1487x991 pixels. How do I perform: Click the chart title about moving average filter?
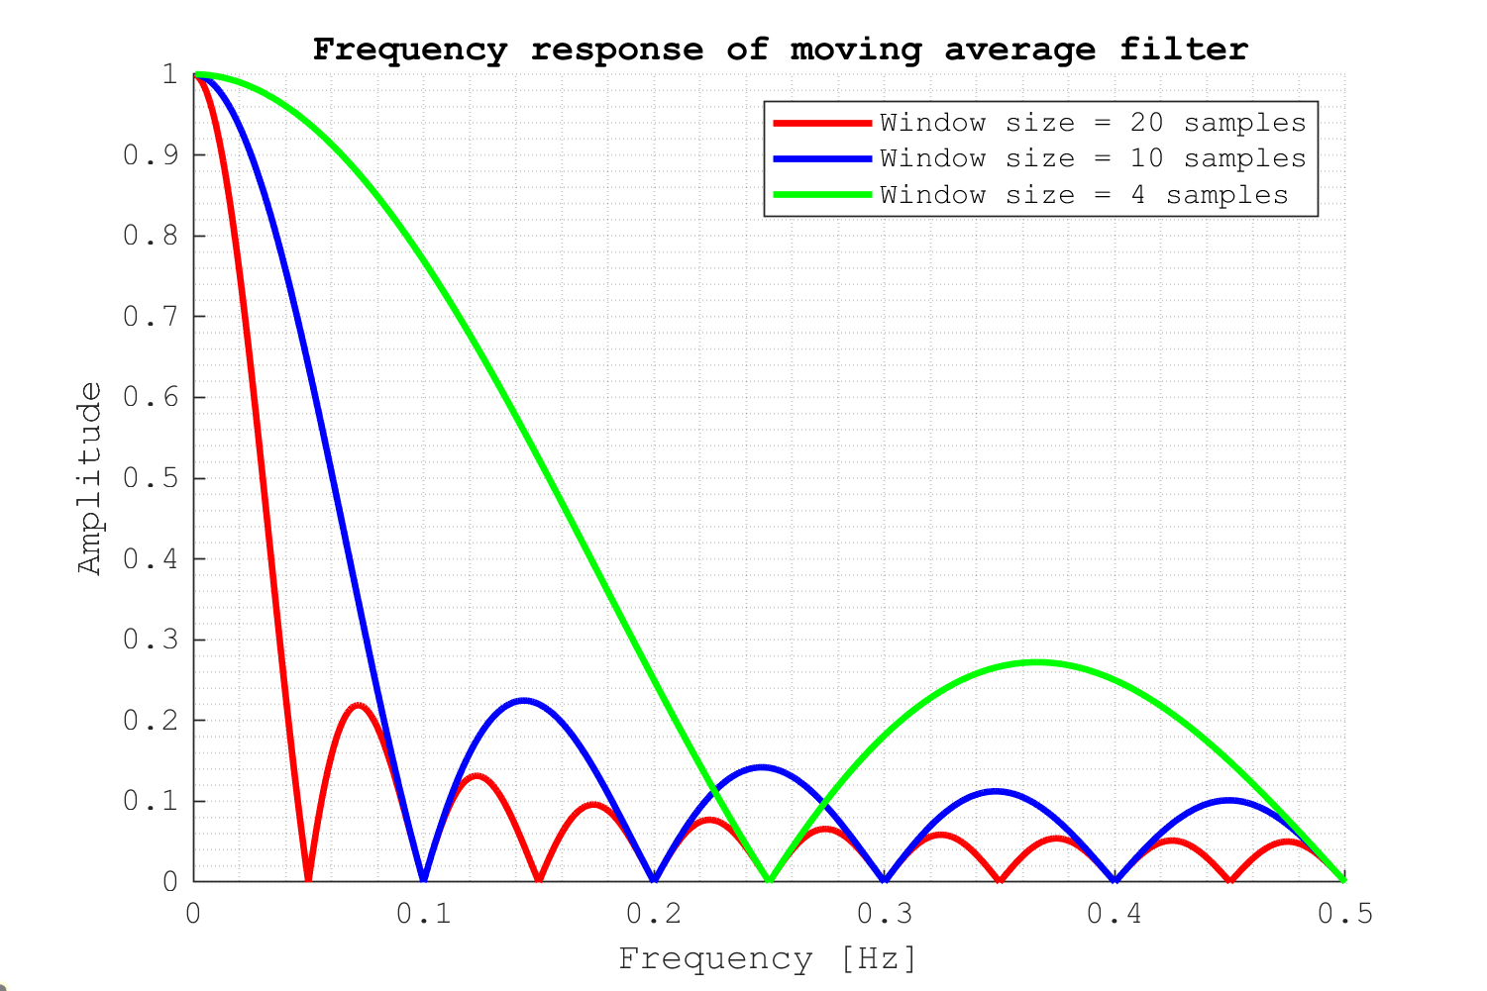(x=780, y=49)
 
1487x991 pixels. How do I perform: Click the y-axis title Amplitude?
(x=90, y=478)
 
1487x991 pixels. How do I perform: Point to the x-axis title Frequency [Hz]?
(x=768, y=958)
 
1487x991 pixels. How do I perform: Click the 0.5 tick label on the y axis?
(x=151, y=478)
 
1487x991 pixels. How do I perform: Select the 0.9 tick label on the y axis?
(x=151, y=155)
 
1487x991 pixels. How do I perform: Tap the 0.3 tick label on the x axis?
(x=885, y=913)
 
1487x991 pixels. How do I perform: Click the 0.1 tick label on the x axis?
(x=424, y=913)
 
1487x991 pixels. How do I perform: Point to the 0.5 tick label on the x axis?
(x=1344, y=913)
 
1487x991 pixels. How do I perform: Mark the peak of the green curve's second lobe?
(x=1036, y=661)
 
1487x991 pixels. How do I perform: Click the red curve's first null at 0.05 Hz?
(x=308, y=879)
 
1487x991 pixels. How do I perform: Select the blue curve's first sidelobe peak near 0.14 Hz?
(x=522, y=700)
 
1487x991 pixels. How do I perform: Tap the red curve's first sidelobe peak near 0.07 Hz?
(x=358, y=705)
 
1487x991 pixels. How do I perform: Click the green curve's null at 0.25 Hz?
(x=769, y=879)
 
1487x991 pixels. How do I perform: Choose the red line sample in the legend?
(x=821, y=123)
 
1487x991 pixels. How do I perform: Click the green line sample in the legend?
(x=821, y=195)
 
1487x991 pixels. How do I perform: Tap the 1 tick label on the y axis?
(x=169, y=75)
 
